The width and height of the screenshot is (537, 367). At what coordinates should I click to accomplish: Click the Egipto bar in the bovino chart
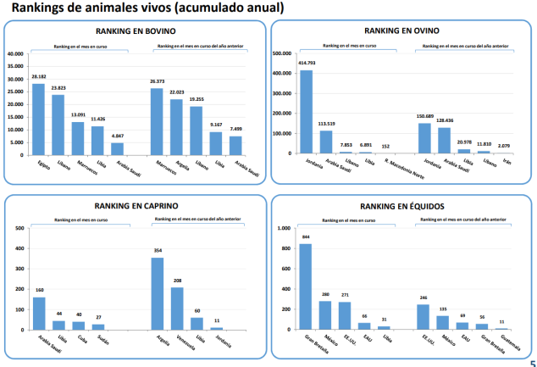pyautogui.click(x=38, y=119)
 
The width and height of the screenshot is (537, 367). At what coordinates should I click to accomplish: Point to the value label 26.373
pyautogui.click(x=157, y=81)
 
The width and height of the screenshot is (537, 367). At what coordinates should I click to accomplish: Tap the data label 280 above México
pyautogui.click(x=325, y=294)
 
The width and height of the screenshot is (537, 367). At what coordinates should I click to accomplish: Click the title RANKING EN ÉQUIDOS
pyautogui.click(x=402, y=206)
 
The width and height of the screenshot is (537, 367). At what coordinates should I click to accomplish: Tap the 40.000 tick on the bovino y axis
pyautogui.click(x=15, y=54)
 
